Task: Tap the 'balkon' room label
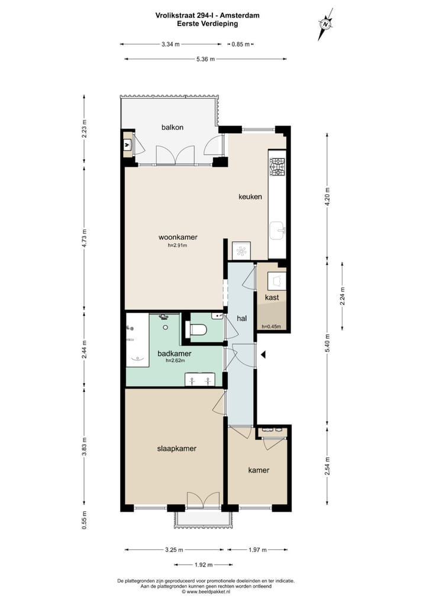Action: (x=172, y=127)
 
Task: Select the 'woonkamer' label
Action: (x=177, y=237)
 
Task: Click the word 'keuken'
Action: (x=250, y=197)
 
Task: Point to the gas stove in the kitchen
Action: (x=277, y=166)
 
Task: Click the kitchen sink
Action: (x=277, y=229)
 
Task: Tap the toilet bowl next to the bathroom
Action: (x=198, y=330)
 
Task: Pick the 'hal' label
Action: (x=241, y=319)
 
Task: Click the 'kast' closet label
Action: (x=272, y=297)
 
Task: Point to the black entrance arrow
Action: (x=264, y=354)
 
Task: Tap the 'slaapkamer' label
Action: (x=176, y=448)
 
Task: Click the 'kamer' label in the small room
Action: (x=259, y=470)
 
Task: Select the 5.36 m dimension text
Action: (x=205, y=59)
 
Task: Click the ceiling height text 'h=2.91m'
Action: (x=177, y=245)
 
